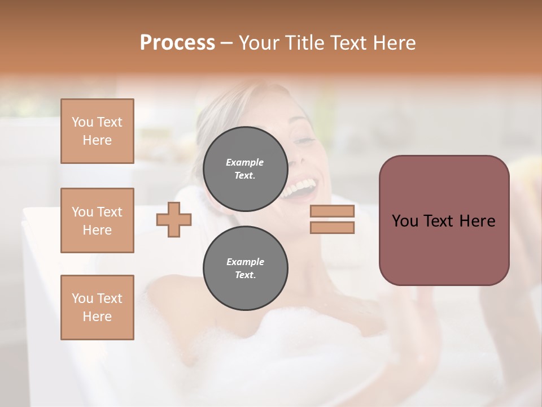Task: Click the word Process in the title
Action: coord(177,43)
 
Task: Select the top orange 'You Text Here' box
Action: coord(97,131)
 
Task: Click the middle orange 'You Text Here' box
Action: coord(97,220)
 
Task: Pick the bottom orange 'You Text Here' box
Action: coord(97,308)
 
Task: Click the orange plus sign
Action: coord(174,219)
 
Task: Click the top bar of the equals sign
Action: coord(332,211)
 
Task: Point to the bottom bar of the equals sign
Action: coord(332,227)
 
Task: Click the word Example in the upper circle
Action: coord(245,162)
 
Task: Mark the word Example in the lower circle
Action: coord(245,262)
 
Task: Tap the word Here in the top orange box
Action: coord(97,140)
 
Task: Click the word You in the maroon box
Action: coord(405,221)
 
